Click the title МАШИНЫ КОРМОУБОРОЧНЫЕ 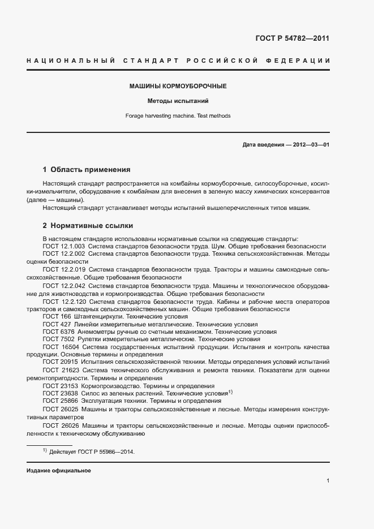[x=178, y=87]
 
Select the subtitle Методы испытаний [x=178, y=101]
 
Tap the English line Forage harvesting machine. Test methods [x=178, y=116]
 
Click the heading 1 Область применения [x=87, y=169]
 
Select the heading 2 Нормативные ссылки [x=88, y=226]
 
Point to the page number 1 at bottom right [x=328, y=481]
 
